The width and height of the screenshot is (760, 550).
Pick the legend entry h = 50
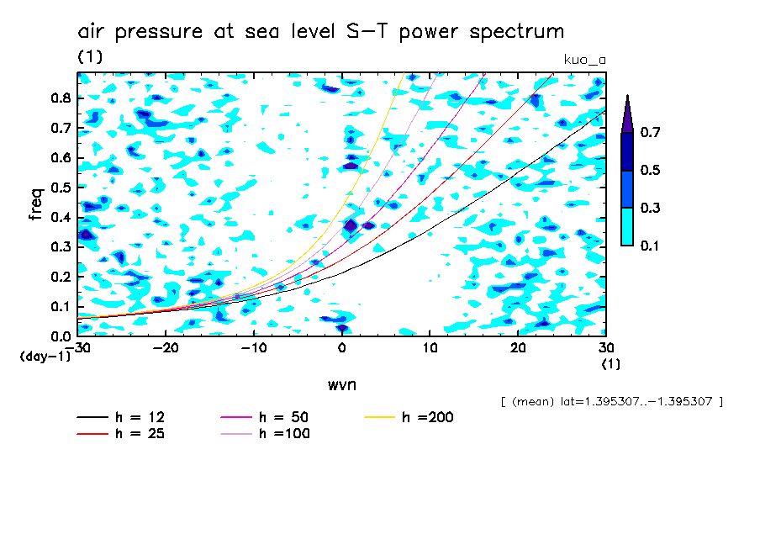click(x=282, y=417)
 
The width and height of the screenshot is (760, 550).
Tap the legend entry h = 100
click(x=284, y=434)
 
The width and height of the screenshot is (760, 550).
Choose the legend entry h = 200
click(x=427, y=417)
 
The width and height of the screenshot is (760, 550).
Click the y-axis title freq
click(x=35, y=204)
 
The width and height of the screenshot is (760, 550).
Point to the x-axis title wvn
click(x=341, y=384)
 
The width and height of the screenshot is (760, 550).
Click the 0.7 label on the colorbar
click(x=651, y=132)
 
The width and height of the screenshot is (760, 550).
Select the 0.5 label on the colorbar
click(x=651, y=171)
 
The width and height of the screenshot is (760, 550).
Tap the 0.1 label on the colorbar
click(x=651, y=246)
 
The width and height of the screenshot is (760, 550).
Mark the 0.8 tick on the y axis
click(x=61, y=98)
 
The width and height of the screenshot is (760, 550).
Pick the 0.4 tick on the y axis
click(x=61, y=217)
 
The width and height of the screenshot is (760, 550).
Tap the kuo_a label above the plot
click(x=584, y=59)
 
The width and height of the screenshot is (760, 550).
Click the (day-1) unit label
click(x=45, y=357)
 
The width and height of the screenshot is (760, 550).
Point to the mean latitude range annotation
click(x=611, y=401)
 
